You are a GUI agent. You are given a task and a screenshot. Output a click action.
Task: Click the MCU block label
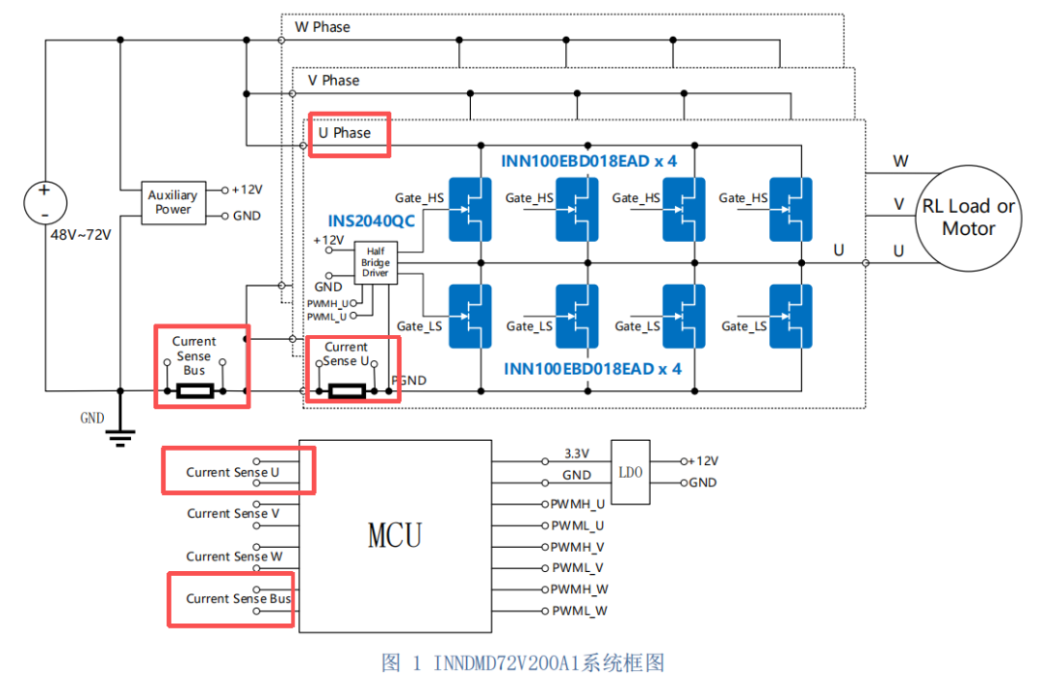point(395,535)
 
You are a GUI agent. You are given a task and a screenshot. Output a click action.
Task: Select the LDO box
point(630,472)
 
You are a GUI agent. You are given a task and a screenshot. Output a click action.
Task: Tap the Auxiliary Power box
point(173,202)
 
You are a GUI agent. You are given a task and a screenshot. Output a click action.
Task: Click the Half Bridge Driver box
point(376,263)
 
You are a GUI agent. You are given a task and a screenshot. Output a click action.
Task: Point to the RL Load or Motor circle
point(969,219)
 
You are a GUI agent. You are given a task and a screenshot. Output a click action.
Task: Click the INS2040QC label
point(372,221)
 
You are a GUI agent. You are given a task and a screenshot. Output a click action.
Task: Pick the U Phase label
point(344,133)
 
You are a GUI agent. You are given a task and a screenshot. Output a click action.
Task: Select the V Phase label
point(333,80)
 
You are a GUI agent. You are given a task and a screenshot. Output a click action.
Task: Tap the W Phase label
point(323,27)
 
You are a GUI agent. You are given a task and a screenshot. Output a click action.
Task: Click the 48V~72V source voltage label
point(81,235)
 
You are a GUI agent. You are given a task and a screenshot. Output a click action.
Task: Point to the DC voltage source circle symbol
point(45,202)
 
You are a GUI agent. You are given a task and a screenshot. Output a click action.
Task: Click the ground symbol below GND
point(120,438)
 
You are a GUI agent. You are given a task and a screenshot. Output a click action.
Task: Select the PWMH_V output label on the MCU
point(577,547)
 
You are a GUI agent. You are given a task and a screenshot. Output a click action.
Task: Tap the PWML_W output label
point(580,610)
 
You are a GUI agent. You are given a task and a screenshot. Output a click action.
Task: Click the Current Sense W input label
point(234,557)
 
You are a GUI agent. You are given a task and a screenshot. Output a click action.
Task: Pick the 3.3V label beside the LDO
point(577,454)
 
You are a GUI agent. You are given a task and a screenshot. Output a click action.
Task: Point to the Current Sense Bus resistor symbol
point(195,391)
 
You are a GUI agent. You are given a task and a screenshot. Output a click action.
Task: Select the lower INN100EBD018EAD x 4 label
point(592,369)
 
